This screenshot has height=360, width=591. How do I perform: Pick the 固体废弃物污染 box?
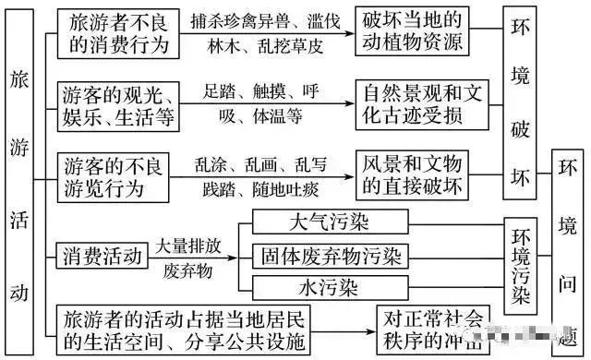(x=329, y=254)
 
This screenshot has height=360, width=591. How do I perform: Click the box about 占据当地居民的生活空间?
(x=185, y=330)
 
